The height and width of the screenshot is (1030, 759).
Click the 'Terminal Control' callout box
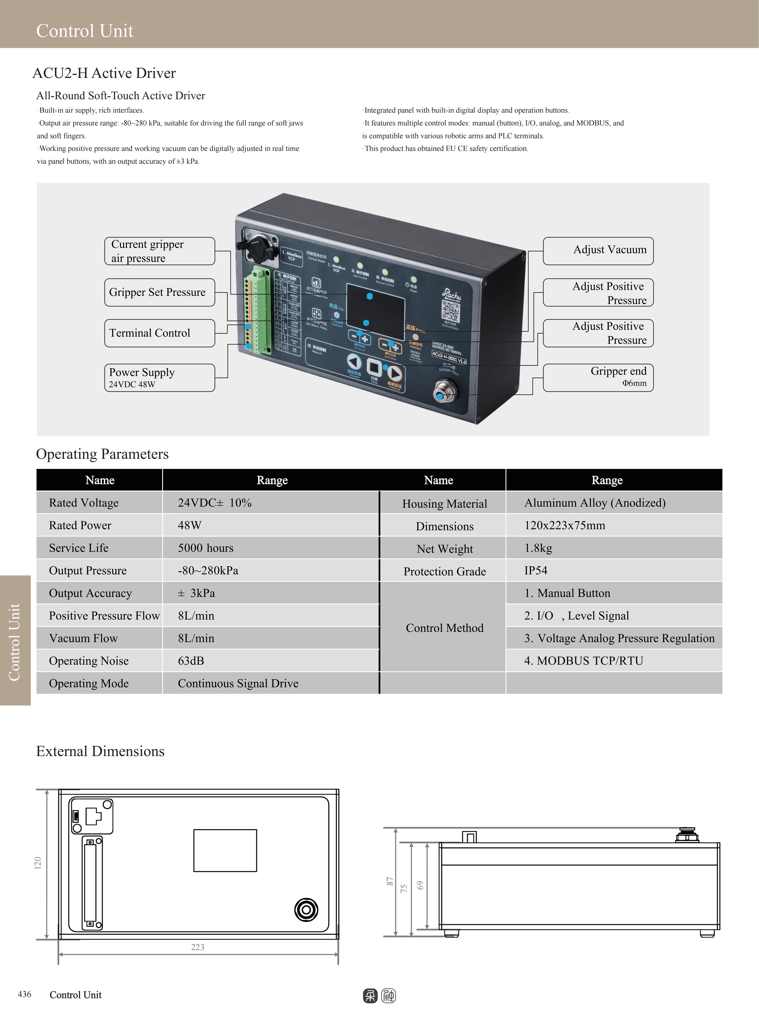159,333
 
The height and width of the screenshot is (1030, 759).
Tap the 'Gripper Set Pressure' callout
159,292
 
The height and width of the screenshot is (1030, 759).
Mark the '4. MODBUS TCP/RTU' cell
583,661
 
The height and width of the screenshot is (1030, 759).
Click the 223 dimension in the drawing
198,947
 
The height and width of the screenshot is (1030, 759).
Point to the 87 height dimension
390,881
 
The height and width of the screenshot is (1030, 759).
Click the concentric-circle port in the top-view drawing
306,910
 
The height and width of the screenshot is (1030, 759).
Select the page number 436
24,994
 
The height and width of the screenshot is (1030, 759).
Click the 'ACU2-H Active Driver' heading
104,73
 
